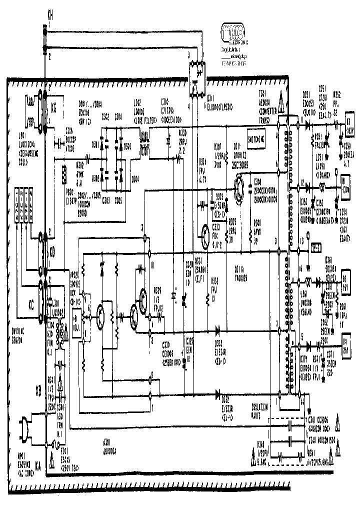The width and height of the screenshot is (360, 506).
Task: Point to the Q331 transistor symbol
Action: click(205, 232)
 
